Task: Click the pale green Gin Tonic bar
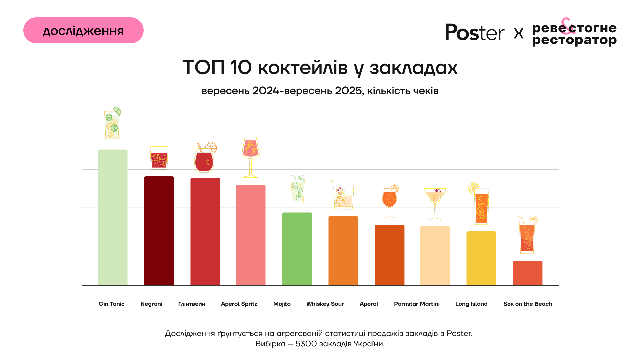(113, 217)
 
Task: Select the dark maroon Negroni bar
(159, 231)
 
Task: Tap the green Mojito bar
(297, 249)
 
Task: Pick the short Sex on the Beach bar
(528, 273)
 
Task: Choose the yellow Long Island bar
(481, 258)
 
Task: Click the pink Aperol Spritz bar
(251, 235)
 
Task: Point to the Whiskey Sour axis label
(325, 304)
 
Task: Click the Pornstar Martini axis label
(417, 304)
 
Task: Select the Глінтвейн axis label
(192, 304)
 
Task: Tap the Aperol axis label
(369, 304)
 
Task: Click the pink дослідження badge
(83, 30)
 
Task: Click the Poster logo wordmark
(475, 32)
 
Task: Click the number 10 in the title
(241, 67)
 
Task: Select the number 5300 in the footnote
(306, 344)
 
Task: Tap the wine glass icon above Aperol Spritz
(251, 156)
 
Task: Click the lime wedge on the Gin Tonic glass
(117, 111)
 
